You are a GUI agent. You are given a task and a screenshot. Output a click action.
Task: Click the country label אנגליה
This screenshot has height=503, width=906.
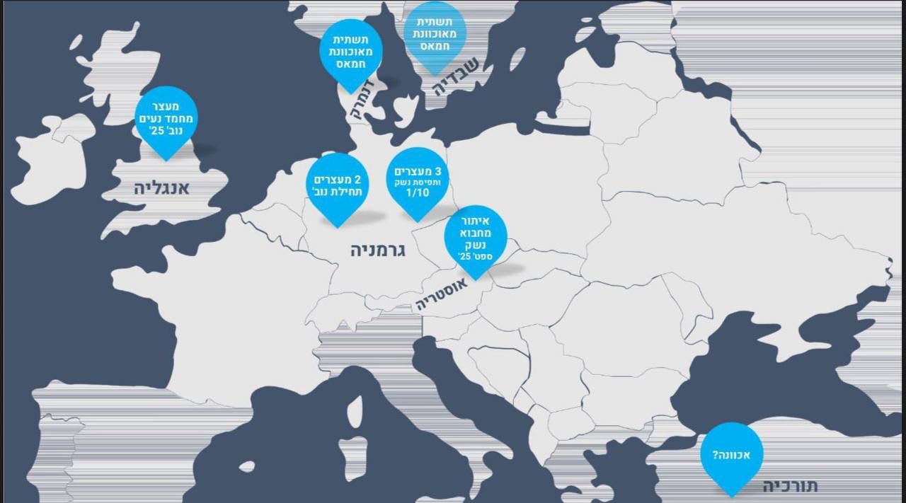163,189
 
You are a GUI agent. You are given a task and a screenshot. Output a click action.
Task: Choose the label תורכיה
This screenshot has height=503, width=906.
791,486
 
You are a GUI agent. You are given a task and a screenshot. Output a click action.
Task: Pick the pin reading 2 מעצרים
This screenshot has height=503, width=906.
338,184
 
